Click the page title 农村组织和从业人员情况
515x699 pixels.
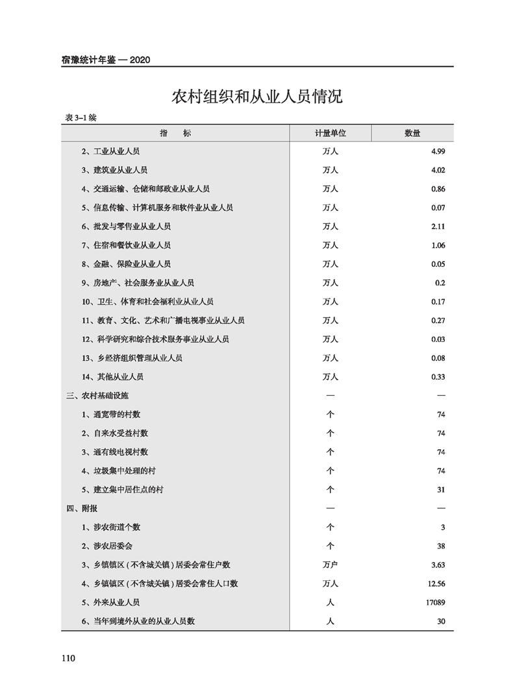coord(257,97)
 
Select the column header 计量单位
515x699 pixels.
coord(331,133)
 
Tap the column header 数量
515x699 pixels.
coord(412,133)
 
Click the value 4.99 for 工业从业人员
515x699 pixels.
coord(436,151)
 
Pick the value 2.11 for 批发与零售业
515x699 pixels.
coord(436,227)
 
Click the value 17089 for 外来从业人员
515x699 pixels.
coord(433,602)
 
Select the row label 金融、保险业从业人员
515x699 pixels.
coord(126,264)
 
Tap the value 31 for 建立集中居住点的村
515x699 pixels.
coord(440,489)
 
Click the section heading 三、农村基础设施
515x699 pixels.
coord(102,395)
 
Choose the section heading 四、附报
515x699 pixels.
coord(82,508)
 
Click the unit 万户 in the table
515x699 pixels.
coord(331,565)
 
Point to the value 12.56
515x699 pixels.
coord(435,583)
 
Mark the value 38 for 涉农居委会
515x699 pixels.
coord(440,546)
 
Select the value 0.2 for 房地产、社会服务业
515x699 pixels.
coord(439,283)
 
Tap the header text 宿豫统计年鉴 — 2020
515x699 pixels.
coord(106,60)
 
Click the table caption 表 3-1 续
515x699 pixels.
coord(81,117)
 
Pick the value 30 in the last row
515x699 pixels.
coord(440,621)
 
